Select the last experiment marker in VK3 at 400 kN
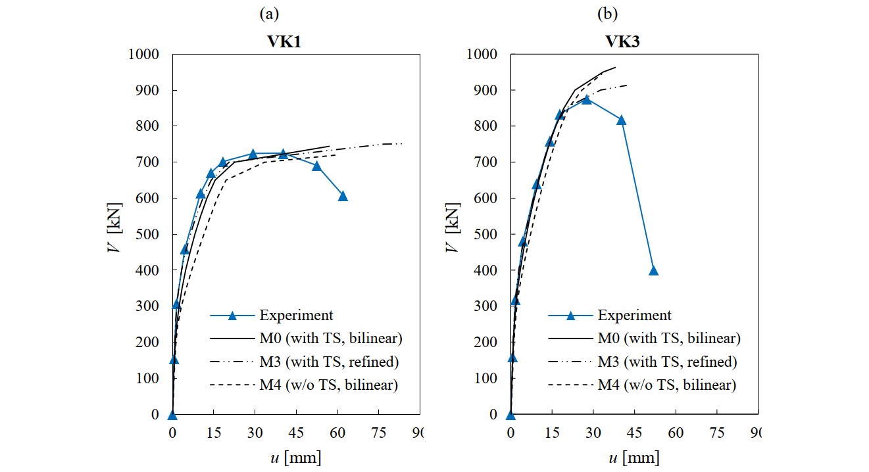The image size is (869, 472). [x=653, y=270]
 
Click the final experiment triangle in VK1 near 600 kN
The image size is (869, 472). [x=343, y=196]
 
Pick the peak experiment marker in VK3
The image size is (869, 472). [x=587, y=99]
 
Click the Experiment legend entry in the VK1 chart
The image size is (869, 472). [x=296, y=316]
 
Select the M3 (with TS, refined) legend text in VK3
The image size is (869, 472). [x=667, y=362]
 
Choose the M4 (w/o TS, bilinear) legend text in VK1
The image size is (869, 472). [x=329, y=385]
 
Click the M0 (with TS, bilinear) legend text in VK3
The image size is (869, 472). [x=668, y=339]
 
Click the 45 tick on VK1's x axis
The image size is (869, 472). [x=296, y=433]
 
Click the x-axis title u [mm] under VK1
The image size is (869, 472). [x=295, y=458]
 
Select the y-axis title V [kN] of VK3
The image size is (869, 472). [x=452, y=234]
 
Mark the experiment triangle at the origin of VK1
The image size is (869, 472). [x=172, y=415]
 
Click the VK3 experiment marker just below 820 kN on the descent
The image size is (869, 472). [x=621, y=120]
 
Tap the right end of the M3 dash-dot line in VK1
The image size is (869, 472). [x=401, y=143]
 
